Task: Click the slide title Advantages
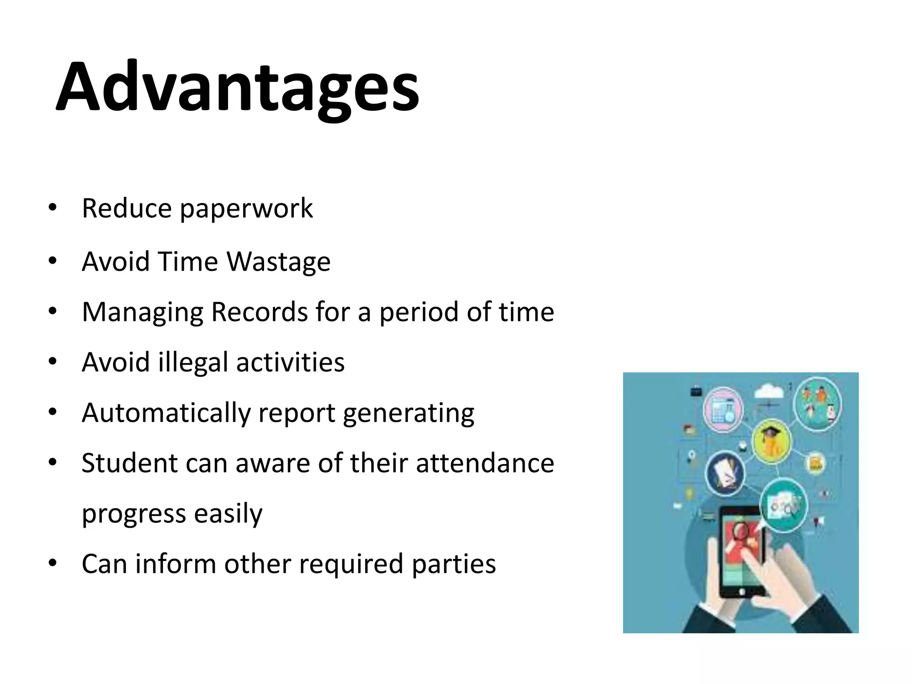click(237, 87)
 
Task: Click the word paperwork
click(246, 208)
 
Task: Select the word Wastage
click(279, 261)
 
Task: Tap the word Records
click(259, 312)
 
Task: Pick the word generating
click(408, 413)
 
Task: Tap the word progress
click(134, 513)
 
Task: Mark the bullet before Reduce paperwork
click(53, 208)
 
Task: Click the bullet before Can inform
click(53, 563)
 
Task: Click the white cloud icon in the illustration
click(769, 391)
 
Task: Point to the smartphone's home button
click(742, 592)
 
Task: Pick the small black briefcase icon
click(696, 391)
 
